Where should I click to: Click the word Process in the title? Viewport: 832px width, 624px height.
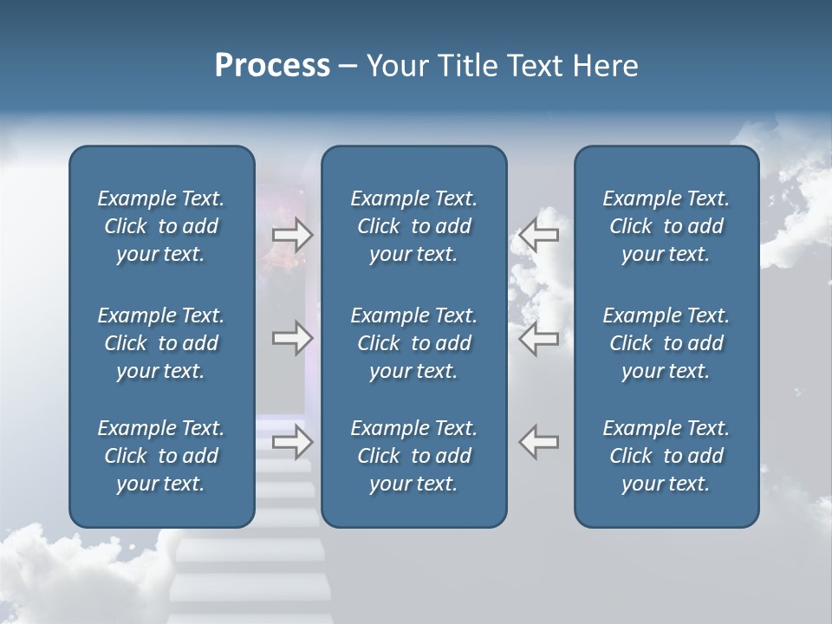click(272, 66)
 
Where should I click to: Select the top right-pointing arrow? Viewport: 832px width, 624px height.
click(293, 235)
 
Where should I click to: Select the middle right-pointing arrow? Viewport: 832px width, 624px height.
click(293, 339)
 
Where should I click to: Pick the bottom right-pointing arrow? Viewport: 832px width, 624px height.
click(293, 442)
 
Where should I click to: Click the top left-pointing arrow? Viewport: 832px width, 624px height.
click(538, 235)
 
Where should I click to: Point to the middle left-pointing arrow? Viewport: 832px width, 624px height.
click(538, 339)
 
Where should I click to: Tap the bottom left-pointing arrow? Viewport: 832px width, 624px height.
click(538, 442)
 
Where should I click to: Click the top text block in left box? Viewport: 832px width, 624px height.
click(161, 226)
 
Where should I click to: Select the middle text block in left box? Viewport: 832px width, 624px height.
click(161, 343)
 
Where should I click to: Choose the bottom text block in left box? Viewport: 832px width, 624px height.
click(161, 456)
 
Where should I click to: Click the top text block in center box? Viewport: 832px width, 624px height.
click(413, 226)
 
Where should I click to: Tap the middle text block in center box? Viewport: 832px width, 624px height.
click(413, 343)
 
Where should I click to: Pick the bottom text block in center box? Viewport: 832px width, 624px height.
click(413, 456)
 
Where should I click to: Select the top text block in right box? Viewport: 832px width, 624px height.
click(666, 226)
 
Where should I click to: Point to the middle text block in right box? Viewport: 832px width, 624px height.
click(666, 343)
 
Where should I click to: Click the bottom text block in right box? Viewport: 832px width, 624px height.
click(666, 456)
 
